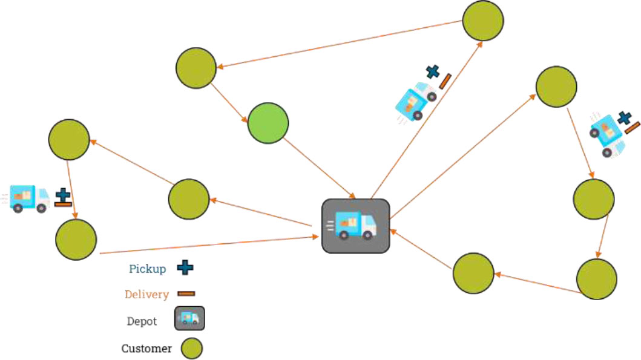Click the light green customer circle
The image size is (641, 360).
268,123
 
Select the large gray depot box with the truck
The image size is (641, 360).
355,226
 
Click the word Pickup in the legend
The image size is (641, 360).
147,269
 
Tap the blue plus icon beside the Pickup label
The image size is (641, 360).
185,268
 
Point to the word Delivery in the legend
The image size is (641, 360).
146,295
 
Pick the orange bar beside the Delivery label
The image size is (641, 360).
186,294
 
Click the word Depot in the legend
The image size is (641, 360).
142,321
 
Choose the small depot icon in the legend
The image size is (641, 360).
189,318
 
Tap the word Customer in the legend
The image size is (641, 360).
146,349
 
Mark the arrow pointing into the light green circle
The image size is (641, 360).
231,102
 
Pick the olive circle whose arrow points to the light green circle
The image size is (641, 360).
196,67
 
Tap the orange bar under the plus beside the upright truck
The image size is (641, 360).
63,205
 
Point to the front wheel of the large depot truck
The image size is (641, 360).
368,235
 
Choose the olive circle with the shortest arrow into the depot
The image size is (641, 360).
473,273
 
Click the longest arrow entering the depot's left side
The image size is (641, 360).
206,245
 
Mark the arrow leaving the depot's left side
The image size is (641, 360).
260,213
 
